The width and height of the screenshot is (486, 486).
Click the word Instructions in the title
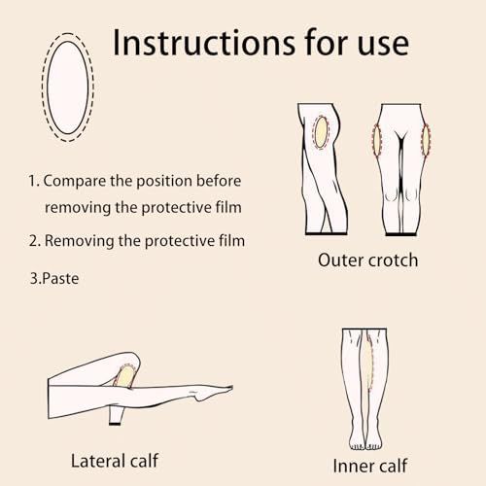click(x=204, y=43)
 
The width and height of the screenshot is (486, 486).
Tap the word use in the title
click(x=383, y=46)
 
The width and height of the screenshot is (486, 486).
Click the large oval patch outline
click(x=68, y=87)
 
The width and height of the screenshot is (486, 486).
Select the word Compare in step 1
click(x=75, y=181)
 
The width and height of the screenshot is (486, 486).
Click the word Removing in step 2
click(x=80, y=241)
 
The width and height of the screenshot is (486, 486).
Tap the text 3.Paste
click(x=54, y=279)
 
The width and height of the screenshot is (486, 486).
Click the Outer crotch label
click(x=367, y=260)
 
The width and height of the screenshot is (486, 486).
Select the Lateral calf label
click(x=115, y=461)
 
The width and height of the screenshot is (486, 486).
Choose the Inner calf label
click(x=370, y=466)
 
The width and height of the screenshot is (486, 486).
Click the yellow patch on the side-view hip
click(x=321, y=132)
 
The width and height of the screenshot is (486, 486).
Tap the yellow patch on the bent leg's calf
click(x=125, y=376)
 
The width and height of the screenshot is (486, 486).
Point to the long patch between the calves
click(x=368, y=362)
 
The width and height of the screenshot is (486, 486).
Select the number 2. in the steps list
click(x=35, y=241)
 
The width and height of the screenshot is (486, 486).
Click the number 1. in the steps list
click(x=34, y=181)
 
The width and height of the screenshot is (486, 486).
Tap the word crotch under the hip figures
click(x=393, y=260)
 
